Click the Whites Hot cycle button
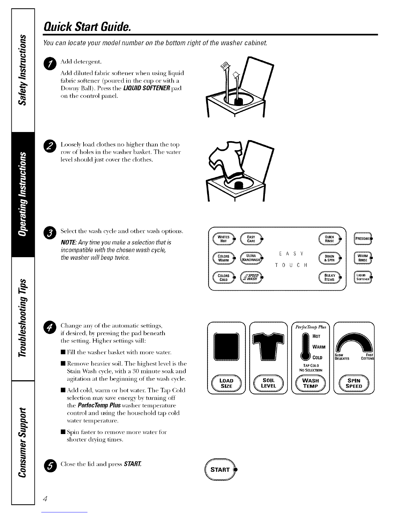coord(224,239)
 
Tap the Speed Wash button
coord(252,277)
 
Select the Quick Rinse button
coord(330,239)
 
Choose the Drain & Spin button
coord(330,258)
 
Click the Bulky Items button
coord(330,277)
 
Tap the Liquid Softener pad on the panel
coord(363,277)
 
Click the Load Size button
coord(227,383)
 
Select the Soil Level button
coord(269,383)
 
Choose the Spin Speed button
coord(354,383)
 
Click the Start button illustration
coord(220,469)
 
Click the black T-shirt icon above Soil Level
coord(268,347)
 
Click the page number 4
coord(45,499)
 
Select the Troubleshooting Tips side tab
coord(23,319)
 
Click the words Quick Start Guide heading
coord(87,27)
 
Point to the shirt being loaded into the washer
coord(226,163)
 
